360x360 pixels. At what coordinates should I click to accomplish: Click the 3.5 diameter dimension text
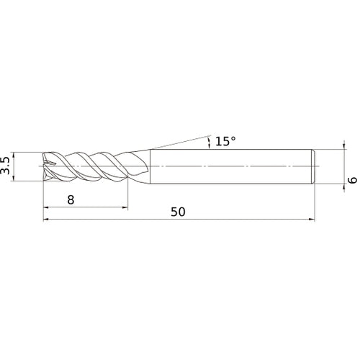(6, 165)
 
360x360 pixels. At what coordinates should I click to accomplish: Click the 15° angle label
(225, 141)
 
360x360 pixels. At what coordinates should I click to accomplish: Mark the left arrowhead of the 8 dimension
(48, 208)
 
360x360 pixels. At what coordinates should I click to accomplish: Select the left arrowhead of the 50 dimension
(48, 222)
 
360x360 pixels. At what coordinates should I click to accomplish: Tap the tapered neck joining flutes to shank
(141, 166)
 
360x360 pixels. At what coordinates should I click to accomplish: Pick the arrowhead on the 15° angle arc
(208, 138)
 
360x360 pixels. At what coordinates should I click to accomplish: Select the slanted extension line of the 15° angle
(180, 140)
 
